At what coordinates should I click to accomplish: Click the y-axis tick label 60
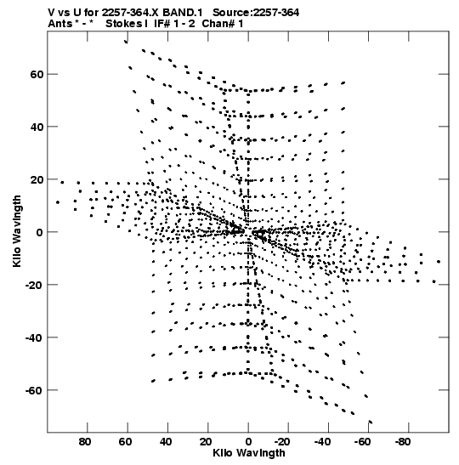coord(37,75)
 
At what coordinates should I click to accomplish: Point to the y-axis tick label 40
coord(37,127)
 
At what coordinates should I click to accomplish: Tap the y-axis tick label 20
coord(37,179)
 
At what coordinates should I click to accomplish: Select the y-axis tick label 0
coord(40,232)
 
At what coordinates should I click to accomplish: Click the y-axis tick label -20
coord(34,285)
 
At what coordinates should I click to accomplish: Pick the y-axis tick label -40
coord(34,337)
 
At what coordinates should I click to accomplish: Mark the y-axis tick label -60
coord(34,390)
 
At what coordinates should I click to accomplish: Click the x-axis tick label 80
coord(85,442)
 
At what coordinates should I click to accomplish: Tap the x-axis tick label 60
coord(126,442)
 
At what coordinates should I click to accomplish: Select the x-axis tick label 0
coord(248,442)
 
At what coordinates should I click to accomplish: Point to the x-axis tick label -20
coord(283,442)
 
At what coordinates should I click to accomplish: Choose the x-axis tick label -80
coord(404,442)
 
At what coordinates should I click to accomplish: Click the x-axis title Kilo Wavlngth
coord(249,453)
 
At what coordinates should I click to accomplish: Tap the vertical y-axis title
coord(17,231)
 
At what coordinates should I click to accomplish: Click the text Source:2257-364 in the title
coord(256,13)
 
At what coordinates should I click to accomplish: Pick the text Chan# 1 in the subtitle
coord(223,24)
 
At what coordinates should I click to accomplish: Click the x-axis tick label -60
coord(363,442)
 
